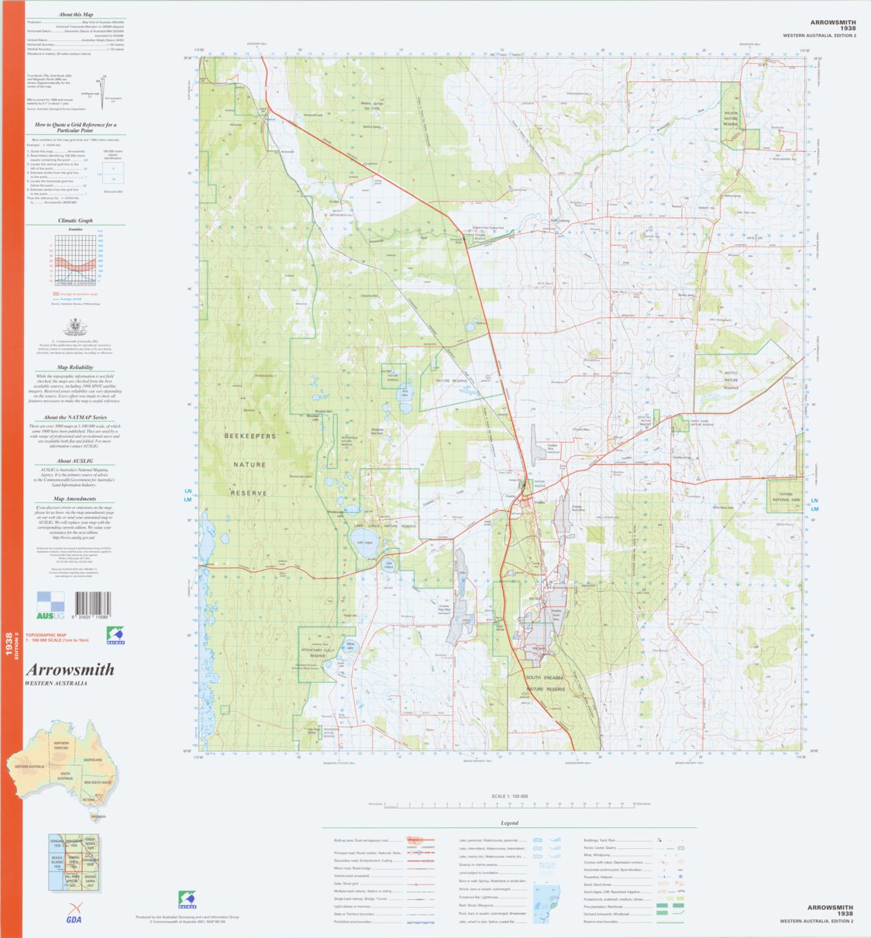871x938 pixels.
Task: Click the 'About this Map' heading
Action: click(76, 15)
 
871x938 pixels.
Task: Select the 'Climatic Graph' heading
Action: click(75, 221)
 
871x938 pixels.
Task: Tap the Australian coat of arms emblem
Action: click(75, 326)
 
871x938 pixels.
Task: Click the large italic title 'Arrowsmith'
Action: click(70, 670)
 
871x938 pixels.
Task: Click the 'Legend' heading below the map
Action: click(509, 823)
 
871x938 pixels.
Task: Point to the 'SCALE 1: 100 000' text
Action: click(509, 796)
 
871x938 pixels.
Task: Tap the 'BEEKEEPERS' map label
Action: click(250, 437)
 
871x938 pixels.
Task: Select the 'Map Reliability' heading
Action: click(75, 367)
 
